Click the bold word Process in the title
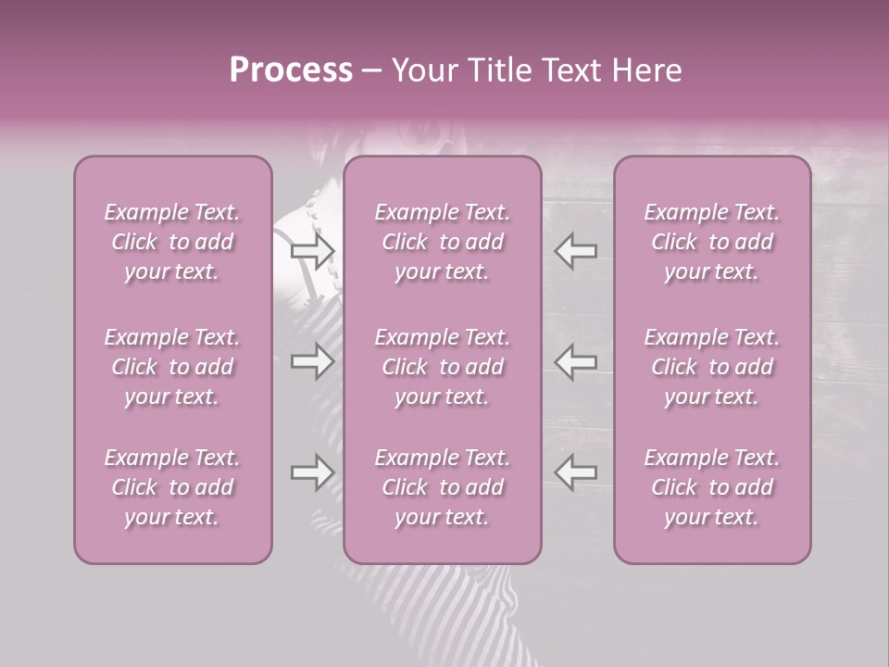(291, 70)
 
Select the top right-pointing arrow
(312, 250)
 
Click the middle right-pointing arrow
(312, 361)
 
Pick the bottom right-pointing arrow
(312, 472)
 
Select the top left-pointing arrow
(576, 250)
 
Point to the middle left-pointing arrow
(576, 361)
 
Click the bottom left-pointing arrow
(576, 472)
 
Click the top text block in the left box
(172, 242)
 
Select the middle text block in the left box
(172, 367)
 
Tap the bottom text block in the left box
(172, 487)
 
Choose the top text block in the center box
(442, 242)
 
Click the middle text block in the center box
(442, 367)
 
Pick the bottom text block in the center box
(442, 487)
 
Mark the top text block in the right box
(712, 242)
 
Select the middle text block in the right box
(712, 367)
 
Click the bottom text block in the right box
(712, 487)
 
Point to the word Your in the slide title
(422, 70)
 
